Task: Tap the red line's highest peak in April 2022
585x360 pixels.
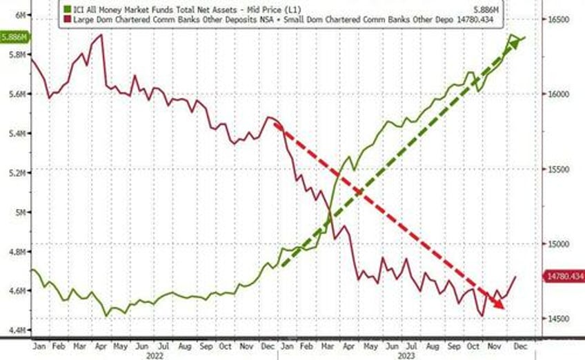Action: coord(101,34)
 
